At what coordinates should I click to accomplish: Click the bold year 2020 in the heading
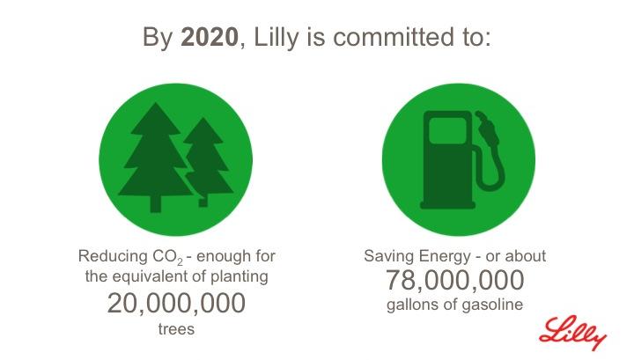point(210,37)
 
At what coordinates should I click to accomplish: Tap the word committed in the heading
point(393,37)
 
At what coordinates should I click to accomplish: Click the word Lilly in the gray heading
point(276,38)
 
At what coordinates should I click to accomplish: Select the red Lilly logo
point(572,333)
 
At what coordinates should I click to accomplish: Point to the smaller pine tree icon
point(207,162)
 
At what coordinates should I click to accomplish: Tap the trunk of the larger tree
point(155,204)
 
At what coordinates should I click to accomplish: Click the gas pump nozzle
point(487,129)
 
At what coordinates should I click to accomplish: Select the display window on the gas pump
point(447,130)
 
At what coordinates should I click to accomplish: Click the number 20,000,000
point(176,303)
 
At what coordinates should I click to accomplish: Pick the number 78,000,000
point(455,280)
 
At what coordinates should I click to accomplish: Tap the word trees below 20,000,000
point(176,329)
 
